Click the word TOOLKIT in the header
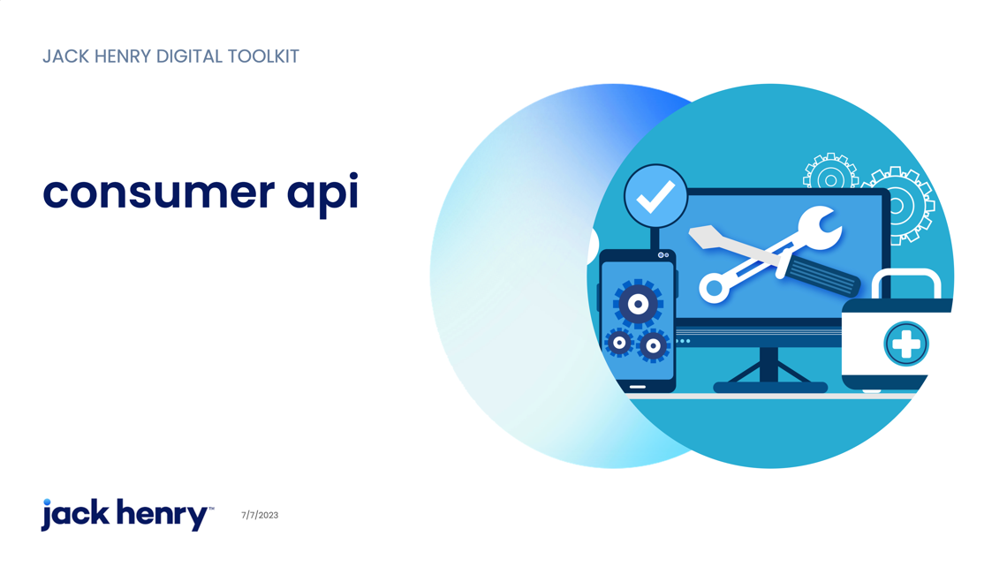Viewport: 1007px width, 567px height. click(263, 57)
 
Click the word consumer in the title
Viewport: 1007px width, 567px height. click(159, 193)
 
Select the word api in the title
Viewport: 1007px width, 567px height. click(322, 194)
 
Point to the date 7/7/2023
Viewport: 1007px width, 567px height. click(260, 515)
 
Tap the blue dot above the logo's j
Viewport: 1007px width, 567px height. click(47, 503)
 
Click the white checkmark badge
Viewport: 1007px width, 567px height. click(655, 196)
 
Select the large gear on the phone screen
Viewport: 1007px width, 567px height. click(638, 304)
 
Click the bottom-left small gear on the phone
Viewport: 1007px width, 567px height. click(620, 343)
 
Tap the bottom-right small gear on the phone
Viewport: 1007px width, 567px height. click(653, 346)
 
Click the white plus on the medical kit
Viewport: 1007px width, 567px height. click(906, 344)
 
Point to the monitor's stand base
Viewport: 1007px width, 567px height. click(770, 387)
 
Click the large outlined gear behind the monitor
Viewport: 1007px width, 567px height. click(899, 206)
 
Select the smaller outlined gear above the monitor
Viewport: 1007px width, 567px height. click(831, 172)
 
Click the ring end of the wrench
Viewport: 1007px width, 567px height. click(714, 288)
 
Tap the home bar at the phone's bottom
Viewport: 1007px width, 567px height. click(637, 387)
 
